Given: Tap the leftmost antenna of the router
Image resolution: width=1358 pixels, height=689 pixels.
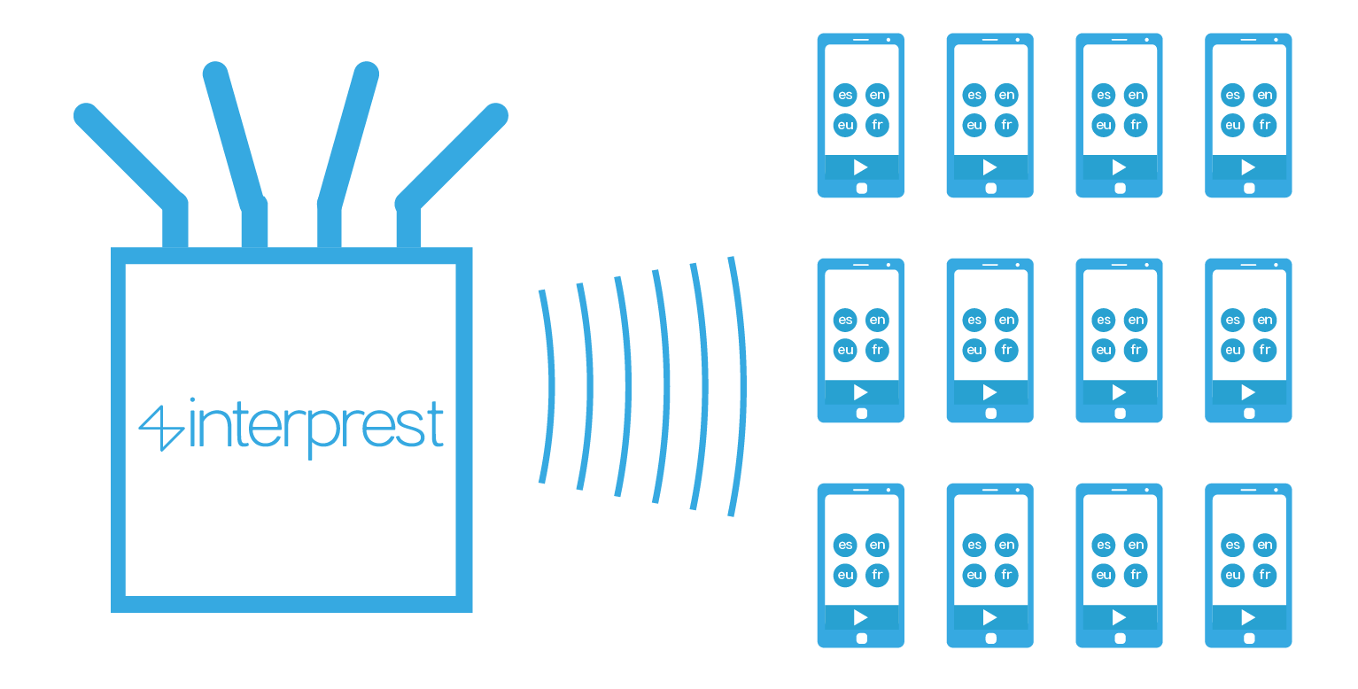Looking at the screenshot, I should click(x=133, y=159).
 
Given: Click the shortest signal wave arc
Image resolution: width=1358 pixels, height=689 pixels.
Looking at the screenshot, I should click(x=548, y=386).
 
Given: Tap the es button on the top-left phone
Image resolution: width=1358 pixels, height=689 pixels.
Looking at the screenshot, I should click(x=845, y=95).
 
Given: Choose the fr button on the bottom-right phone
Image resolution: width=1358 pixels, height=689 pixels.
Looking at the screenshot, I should click(x=1265, y=575).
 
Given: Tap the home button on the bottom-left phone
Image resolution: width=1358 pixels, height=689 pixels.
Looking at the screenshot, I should click(x=861, y=638).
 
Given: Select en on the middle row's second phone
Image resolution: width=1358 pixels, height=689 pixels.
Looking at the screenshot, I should click(x=1006, y=320).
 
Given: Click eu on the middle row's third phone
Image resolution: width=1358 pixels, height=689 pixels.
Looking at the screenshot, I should click(x=1104, y=350).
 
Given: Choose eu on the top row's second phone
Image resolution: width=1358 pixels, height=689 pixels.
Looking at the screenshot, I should click(x=974, y=125).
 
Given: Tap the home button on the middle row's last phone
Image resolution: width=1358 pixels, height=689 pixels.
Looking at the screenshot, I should click(x=1249, y=413).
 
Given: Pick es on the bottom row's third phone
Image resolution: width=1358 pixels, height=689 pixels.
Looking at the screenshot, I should click(x=1104, y=545).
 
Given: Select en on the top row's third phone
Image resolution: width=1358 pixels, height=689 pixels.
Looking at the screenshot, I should click(x=1136, y=95).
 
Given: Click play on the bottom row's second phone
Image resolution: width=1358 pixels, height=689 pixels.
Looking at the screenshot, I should click(x=989, y=617).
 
